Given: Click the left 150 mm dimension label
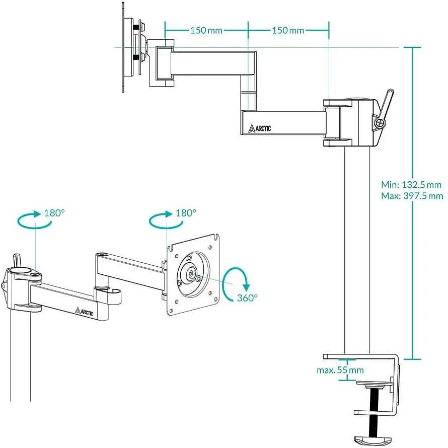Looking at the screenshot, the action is [x=206, y=30].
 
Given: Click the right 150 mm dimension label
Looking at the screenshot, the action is [x=288, y=30].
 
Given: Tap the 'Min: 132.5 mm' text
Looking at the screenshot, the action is [x=411, y=185].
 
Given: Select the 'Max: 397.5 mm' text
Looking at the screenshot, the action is [x=412, y=196].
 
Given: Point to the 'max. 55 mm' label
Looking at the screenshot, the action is [x=340, y=370].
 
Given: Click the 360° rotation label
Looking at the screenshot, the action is [x=247, y=298].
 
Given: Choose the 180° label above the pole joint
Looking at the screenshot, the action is [x=54, y=213].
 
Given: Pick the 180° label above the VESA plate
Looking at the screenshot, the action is [x=186, y=213].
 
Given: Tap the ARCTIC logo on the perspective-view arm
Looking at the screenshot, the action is [x=84, y=312].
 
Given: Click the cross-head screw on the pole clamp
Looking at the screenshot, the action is [x=380, y=123].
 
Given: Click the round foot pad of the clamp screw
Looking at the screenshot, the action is [x=370, y=440].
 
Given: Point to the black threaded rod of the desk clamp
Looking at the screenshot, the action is [x=373, y=411].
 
